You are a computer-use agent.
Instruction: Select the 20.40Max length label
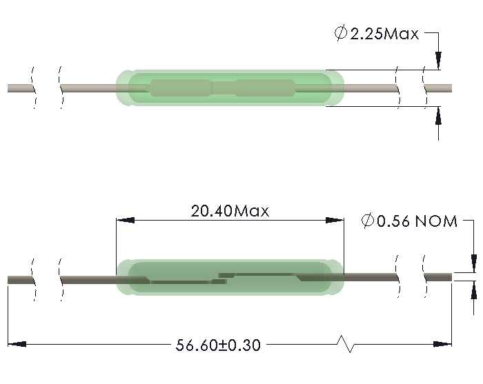pos(230,210)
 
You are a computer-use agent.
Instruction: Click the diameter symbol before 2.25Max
pos(341,33)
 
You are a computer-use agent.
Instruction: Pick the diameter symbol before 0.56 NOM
pos(368,221)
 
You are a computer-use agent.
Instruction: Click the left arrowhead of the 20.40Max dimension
pos(124,221)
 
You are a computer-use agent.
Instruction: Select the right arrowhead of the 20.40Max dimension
pos(336,221)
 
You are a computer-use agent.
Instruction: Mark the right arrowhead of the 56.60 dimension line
pos(444,343)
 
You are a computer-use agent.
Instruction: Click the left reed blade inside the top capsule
pos(181,88)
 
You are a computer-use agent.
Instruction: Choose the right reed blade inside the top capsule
pos(265,88)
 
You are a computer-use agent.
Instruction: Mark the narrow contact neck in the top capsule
pos(224,88)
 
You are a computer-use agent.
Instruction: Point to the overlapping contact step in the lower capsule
pos(222,278)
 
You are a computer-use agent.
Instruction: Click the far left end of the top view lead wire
pos(10,88)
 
